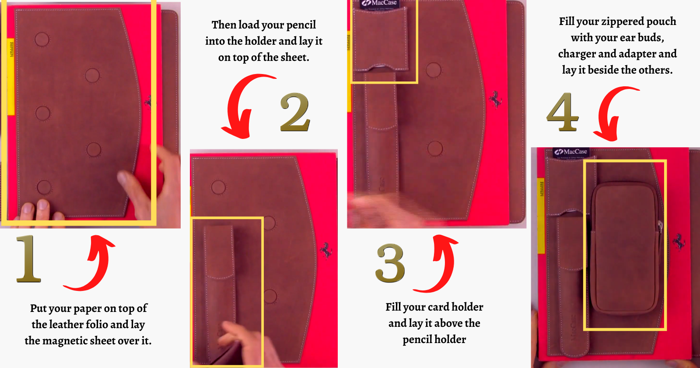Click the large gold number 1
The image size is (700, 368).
(29, 259)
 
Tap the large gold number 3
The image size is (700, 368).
(391, 263)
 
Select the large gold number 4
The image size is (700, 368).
(563, 112)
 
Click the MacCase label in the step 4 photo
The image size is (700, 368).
(571, 152)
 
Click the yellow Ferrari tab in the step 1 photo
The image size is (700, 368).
(10, 76)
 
